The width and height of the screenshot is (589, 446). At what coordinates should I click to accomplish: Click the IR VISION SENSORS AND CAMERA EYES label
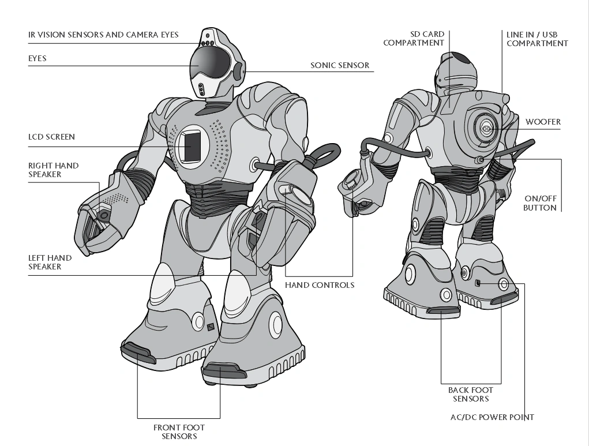tap(103, 35)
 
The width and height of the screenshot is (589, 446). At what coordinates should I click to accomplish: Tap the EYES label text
tap(37, 59)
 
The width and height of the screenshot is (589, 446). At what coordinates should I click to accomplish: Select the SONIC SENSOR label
tap(340, 65)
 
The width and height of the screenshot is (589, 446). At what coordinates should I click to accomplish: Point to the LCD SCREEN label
tap(51, 137)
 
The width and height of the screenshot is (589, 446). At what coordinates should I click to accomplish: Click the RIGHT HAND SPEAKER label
tap(53, 170)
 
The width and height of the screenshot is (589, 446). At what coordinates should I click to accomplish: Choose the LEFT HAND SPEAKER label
tap(50, 262)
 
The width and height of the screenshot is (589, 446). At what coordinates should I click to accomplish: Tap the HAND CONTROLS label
tap(320, 285)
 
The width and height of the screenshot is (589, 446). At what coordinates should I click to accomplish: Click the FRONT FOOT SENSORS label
tap(179, 432)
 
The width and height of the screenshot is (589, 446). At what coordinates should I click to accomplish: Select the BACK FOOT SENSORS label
tap(471, 395)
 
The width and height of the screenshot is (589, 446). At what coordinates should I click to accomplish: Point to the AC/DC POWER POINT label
tap(492, 417)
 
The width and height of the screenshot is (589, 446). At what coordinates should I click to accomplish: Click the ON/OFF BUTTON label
tap(540, 203)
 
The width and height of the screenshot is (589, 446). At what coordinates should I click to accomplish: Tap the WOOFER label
tap(543, 122)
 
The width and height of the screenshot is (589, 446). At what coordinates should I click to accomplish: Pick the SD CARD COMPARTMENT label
tap(414, 39)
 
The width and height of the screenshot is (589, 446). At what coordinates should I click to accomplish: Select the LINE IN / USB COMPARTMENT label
tap(537, 39)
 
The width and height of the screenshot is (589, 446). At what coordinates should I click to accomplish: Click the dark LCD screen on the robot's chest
tap(192, 146)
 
